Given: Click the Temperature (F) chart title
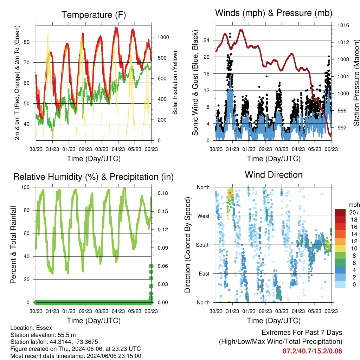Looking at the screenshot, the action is coord(94,15).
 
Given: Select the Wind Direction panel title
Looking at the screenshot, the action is coord(274,175).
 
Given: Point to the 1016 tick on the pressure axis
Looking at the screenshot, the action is coord(343,25).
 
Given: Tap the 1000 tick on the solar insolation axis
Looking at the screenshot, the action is coord(163,37).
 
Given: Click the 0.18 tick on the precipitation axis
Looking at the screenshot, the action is coord(163,193).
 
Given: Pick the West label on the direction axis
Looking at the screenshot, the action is coord(204,216).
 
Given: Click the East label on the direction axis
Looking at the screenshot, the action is coord(204,274).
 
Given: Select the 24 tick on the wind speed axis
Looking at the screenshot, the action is coord(206,40).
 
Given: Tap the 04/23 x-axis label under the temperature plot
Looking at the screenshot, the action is coord(118,149).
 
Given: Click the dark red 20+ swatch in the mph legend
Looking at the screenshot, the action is coord(340,212).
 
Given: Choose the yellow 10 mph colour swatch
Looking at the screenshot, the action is coord(340,249).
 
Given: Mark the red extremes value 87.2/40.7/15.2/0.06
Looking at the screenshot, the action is coord(312,351).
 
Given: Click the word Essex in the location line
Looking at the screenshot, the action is coord(44,328).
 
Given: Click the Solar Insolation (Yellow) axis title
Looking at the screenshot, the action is coord(175,83).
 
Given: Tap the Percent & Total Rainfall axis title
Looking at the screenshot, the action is coord(13,245).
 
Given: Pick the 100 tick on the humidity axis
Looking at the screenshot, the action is coord(25,187).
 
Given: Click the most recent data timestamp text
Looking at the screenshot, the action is coord(76,356).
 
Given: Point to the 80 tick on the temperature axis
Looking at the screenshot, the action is coord(27,42).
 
